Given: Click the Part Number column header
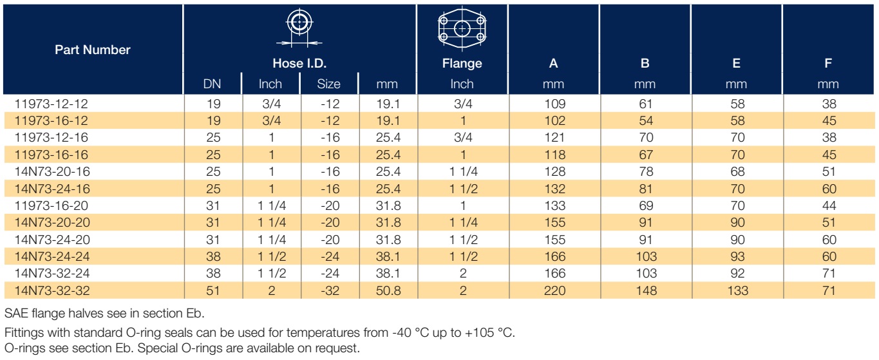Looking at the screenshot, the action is pyautogui.click(x=93, y=50).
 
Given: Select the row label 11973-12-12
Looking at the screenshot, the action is pyautogui.click(x=51, y=104).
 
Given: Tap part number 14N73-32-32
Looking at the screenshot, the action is pyautogui.click(x=52, y=291).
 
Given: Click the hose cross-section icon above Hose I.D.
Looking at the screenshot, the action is pyautogui.click(x=299, y=28).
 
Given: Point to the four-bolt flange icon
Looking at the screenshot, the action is pyautogui.click(x=462, y=29).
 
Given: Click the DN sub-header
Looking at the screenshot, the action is pyautogui.click(x=213, y=84).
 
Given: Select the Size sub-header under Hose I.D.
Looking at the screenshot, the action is pyautogui.click(x=329, y=84).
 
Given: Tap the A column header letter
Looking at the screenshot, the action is pyautogui.click(x=553, y=63).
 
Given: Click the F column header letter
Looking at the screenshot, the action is pyautogui.click(x=828, y=63).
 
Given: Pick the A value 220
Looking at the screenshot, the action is pyautogui.click(x=554, y=291).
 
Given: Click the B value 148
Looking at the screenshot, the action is pyautogui.click(x=646, y=291).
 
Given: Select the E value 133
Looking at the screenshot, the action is pyautogui.click(x=737, y=291).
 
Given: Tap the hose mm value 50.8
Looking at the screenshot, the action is pyautogui.click(x=388, y=291).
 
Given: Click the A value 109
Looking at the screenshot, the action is pyautogui.click(x=554, y=104).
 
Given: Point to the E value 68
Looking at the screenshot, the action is pyautogui.click(x=737, y=171).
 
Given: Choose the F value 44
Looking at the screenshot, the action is pyautogui.click(x=829, y=205).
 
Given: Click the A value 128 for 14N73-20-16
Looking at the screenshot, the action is pyautogui.click(x=554, y=171).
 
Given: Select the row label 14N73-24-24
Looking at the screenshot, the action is pyautogui.click(x=52, y=257).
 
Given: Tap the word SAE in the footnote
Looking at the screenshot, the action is pyautogui.click(x=16, y=314).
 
